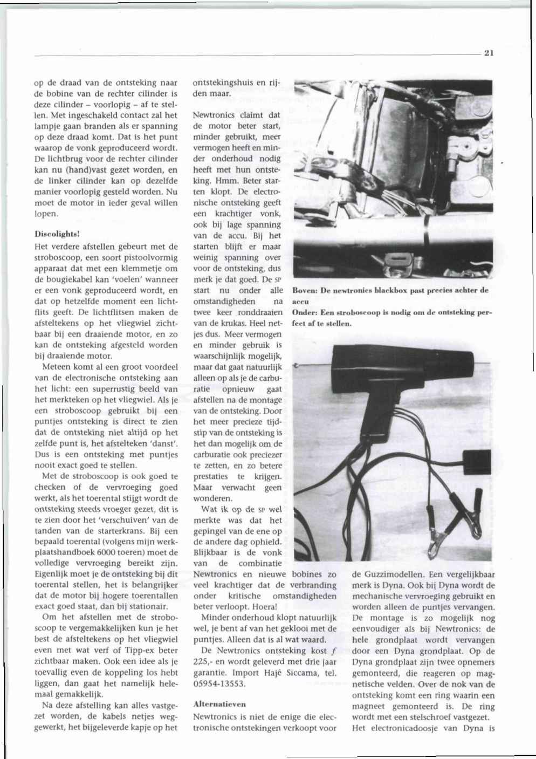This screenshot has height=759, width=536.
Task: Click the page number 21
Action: [x=489, y=53]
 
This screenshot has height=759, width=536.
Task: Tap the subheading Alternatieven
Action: [x=219, y=704]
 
